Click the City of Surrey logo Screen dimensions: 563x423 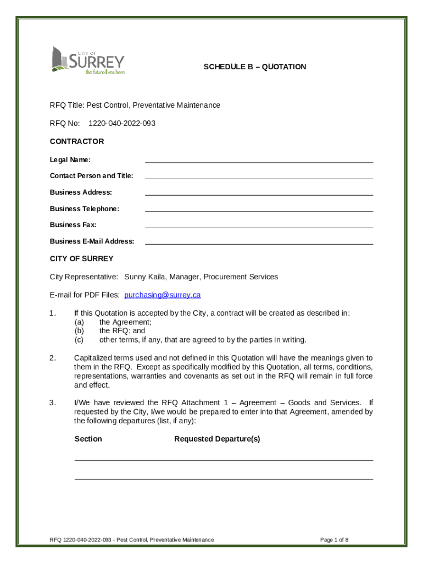coord(88,60)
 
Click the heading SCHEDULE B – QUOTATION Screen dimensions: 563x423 coord(254,67)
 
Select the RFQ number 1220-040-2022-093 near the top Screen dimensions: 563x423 coord(122,123)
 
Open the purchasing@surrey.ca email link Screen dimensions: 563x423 coord(163,295)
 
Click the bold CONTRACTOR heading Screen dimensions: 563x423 coord(77,141)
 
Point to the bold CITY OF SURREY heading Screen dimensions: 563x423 coord(81,258)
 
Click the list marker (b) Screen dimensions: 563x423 coord(79,331)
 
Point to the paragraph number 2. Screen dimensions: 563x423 coord(52,358)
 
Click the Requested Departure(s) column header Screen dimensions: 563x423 coord(217,439)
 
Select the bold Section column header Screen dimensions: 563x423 coord(88,439)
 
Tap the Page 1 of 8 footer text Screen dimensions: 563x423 coord(334,540)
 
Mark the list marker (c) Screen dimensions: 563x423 coord(79,340)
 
